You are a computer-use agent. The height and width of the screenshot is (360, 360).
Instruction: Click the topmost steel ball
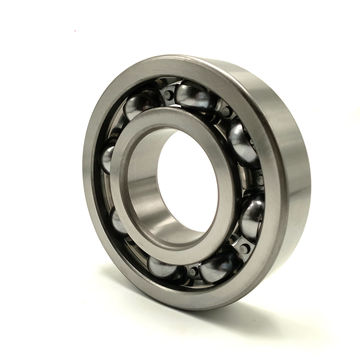coord(191,96)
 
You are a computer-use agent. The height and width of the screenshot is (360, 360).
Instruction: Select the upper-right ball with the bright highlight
coord(241,141)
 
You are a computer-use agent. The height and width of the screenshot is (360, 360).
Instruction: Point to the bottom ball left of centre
coord(163,267)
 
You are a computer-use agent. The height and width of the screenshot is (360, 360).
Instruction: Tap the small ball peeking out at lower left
coord(120,222)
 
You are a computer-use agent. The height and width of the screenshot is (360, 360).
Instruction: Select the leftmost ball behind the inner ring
coord(109,158)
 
